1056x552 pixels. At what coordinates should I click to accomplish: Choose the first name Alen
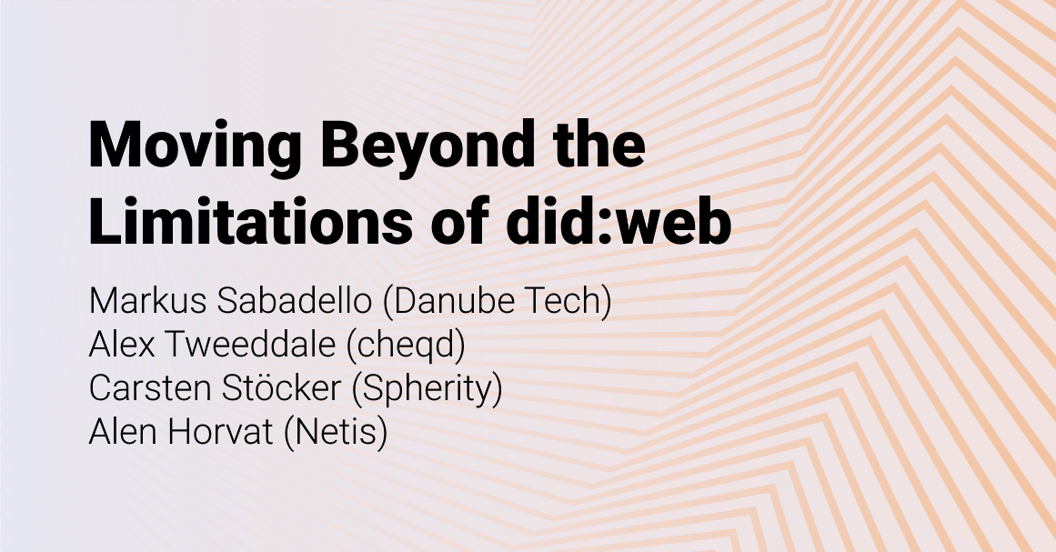pyautogui.click(x=121, y=431)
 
